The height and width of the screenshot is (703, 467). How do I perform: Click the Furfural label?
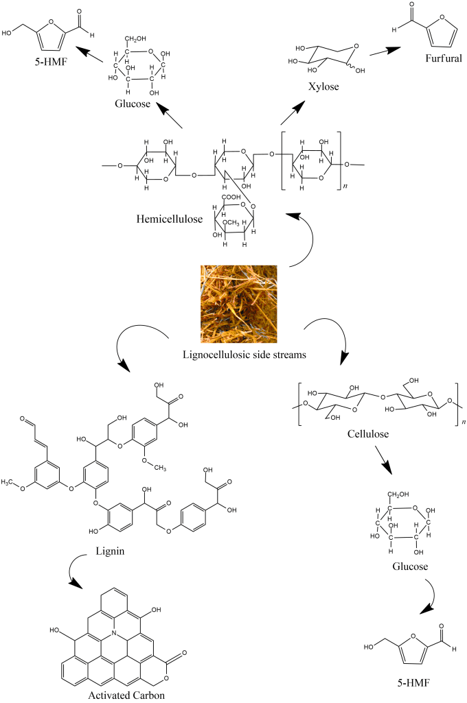(x=444, y=58)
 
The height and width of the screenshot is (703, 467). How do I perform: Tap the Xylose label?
(x=323, y=86)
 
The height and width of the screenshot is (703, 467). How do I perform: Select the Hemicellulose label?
(x=170, y=219)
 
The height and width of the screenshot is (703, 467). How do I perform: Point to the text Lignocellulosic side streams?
(x=244, y=355)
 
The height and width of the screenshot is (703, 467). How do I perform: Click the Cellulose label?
(x=368, y=433)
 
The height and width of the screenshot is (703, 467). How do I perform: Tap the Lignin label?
(x=110, y=551)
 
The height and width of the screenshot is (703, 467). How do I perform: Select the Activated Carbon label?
(x=126, y=695)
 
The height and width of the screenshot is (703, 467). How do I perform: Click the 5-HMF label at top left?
(x=50, y=62)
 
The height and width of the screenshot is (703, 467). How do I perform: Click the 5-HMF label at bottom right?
(x=413, y=683)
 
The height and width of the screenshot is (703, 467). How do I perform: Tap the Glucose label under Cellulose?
(x=410, y=567)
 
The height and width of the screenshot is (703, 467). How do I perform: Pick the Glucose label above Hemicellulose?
(x=133, y=104)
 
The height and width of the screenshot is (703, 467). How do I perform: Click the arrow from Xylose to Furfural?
(x=385, y=51)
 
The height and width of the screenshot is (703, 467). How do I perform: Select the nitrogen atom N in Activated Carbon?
(x=115, y=632)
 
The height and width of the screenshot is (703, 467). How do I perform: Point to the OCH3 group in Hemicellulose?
(x=231, y=222)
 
